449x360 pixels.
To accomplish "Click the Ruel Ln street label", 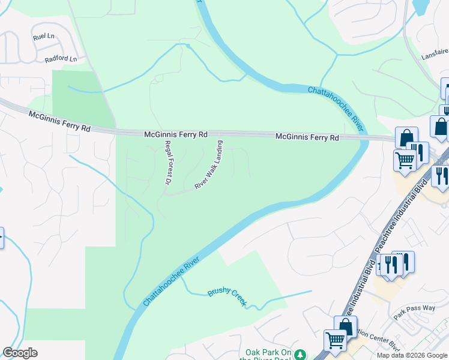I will point(44,37).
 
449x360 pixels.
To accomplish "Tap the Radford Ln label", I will point(61,59).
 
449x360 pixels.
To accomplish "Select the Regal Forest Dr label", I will point(168,162).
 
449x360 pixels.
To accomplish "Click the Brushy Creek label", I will point(227,297).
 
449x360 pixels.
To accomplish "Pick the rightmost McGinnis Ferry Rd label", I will point(307,137).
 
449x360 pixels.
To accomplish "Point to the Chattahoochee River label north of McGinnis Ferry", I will point(336,108).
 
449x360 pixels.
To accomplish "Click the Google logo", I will point(20,353).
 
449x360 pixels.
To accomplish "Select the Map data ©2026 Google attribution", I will point(412,355).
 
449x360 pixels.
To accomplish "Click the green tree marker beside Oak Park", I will point(303,354).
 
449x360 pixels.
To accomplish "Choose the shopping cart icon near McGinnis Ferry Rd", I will point(405,160).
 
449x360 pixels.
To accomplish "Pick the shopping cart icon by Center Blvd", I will point(335,340).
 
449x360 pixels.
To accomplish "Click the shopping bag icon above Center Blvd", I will point(346,326).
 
